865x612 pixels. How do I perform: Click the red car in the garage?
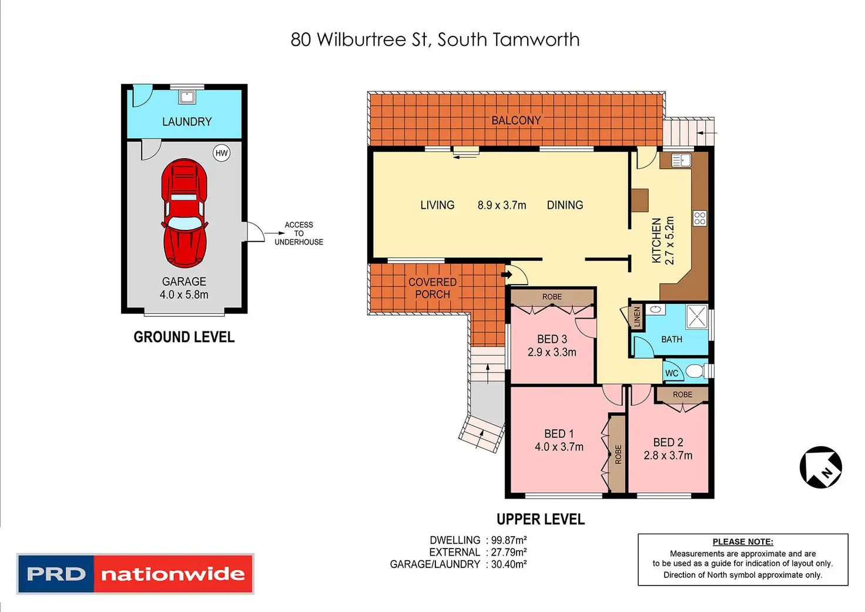coord(184,213)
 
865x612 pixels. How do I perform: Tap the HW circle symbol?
coord(222,153)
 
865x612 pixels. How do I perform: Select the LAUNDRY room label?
coord(187,122)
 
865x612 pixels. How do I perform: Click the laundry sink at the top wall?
coord(187,97)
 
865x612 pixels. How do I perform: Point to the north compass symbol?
coord(820,467)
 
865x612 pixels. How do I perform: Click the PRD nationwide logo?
coord(135,574)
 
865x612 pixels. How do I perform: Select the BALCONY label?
coord(516,121)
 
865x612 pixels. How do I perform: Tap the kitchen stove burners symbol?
coord(699,219)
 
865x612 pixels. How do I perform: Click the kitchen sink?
coord(681,159)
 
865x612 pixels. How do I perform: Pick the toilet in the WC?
coord(696,372)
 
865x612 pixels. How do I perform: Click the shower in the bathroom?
coord(696,317)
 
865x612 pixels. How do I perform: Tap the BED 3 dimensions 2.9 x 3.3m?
coord(552,353)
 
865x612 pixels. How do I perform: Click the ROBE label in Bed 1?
coord(618,454)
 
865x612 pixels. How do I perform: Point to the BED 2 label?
coord(668,442)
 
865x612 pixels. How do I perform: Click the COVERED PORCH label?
coord(432,288)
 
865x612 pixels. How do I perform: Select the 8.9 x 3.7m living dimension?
coord(502,205)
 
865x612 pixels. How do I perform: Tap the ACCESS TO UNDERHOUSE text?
coord(299,233)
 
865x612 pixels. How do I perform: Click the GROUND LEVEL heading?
coord(184,337)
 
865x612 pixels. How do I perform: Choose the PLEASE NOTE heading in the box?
coord(743,542)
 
